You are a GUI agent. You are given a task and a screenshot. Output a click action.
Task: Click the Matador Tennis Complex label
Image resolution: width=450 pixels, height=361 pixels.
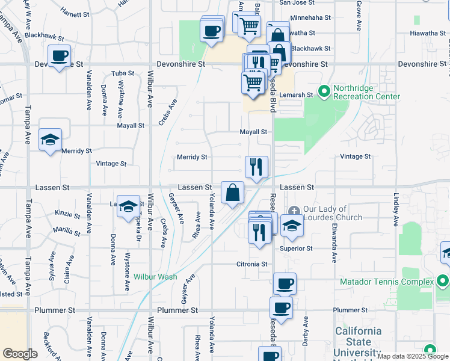[386, 282]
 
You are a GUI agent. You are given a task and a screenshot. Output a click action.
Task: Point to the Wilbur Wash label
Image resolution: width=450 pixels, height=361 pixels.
[155, 277]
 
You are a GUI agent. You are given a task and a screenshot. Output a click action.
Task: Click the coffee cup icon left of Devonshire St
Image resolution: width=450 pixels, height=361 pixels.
[60, 56]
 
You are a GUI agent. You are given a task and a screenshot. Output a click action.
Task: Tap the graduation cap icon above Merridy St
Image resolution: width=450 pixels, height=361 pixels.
[51, 140]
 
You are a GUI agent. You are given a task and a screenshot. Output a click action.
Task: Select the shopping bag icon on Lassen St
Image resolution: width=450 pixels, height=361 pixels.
[232, 193]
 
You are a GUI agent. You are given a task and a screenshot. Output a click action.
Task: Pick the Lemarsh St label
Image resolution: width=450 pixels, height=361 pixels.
[299, 95]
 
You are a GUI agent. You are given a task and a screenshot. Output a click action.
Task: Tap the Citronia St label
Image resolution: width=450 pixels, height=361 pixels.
[251, 264]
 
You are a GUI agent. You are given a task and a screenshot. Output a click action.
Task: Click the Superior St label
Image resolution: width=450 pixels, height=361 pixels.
[296, 248]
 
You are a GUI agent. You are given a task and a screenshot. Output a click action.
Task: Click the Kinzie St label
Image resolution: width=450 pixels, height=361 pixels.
[67, 214]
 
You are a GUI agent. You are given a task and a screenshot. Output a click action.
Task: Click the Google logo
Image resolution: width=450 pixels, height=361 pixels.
[20, 354]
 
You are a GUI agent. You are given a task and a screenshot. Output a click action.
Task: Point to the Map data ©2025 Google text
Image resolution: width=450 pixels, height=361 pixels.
[412, 356]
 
